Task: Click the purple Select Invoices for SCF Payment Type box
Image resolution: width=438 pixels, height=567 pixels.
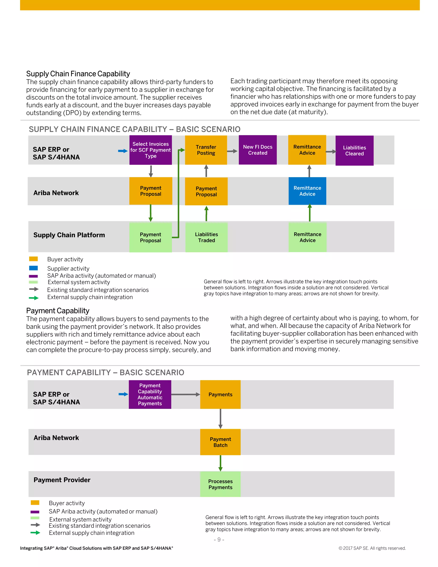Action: point(151,150)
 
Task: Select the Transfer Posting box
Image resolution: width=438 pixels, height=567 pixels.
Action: point(206,150)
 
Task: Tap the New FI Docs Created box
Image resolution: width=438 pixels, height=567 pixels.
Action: point(257,150)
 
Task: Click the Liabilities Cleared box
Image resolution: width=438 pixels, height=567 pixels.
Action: point(354,151)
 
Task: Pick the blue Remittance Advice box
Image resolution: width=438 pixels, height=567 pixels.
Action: point(307,191)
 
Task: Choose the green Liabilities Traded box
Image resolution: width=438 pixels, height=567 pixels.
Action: point(206,237)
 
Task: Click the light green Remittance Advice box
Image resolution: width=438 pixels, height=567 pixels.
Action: point(307,237)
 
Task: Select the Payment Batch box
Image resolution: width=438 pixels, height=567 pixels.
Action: point(220,442)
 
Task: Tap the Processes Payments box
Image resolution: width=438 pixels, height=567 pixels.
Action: point(220,484)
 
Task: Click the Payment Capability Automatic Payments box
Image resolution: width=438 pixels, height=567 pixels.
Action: point(150,394)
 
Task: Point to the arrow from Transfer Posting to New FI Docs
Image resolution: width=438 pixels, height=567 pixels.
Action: point(232,151)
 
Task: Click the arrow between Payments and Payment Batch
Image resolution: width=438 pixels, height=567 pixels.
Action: point(220,419)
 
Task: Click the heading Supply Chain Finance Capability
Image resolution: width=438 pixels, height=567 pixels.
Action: point(78,74)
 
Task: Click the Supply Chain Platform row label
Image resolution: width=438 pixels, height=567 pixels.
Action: point(69,235)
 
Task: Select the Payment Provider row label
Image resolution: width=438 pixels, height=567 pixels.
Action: point(62,480)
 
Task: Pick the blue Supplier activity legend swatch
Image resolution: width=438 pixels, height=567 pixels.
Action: point(34,268)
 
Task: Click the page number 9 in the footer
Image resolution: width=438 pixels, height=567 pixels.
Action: point(219,540)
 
